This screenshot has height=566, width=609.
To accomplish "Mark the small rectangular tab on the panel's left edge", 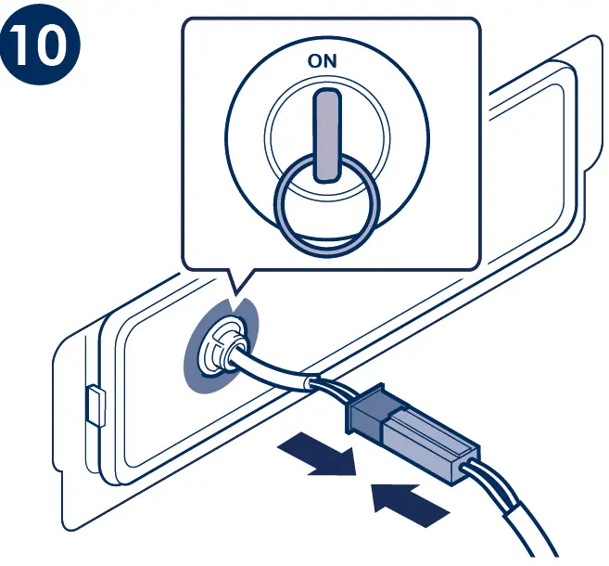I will click(x=95, y=405).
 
